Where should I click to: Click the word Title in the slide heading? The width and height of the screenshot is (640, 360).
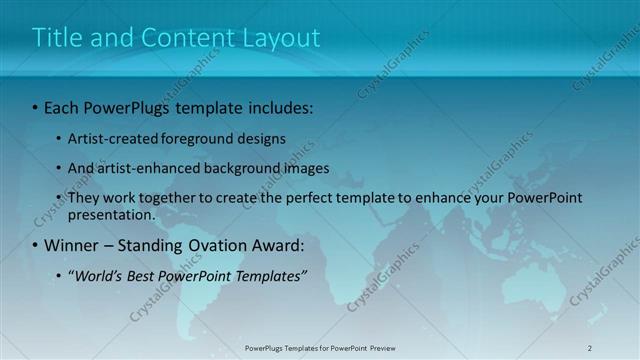pos(55,38)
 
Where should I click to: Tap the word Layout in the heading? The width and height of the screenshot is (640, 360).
pos(282,38)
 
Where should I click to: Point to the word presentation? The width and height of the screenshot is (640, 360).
pos(111,214)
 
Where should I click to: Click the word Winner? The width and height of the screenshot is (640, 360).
pos(71,245)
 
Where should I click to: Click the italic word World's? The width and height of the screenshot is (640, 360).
pos(100,276)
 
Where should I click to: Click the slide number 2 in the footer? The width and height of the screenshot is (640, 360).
pos(590,348)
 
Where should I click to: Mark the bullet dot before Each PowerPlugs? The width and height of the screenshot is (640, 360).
pos(35,106)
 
